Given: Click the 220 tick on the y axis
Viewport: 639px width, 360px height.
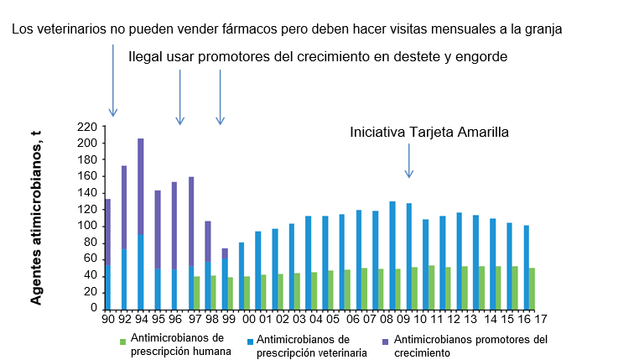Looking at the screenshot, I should (87, 127).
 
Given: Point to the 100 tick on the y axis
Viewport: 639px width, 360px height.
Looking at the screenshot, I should (87, 226).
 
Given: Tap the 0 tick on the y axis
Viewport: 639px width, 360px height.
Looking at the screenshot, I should (93, 309).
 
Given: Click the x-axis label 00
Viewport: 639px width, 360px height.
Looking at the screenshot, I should (248, 319).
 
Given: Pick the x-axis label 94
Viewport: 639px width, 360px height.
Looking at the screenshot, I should (141, 319).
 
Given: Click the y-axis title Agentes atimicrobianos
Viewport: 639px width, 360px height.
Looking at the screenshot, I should (37, 222).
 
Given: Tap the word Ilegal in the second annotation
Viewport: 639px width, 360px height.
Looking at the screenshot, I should (146, 57).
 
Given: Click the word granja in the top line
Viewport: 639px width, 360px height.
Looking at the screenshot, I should (541, 29).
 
